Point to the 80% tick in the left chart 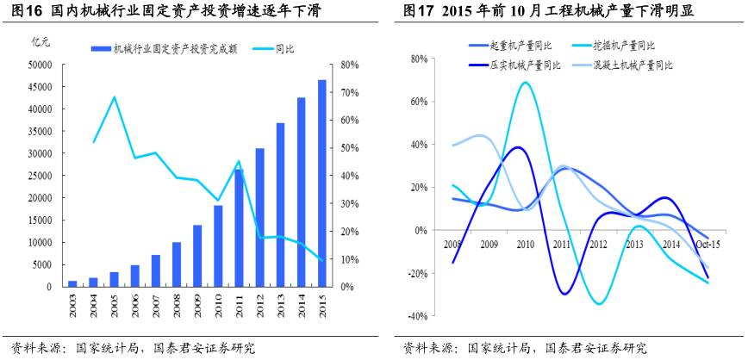pos(349,65)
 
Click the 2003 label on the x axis pos(72,306)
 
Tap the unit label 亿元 pos(41,41)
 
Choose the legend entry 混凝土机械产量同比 pos(631,65)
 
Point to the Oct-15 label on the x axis pos(708,245)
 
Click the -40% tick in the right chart pos(419,316)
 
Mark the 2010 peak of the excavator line pos(525,83)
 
